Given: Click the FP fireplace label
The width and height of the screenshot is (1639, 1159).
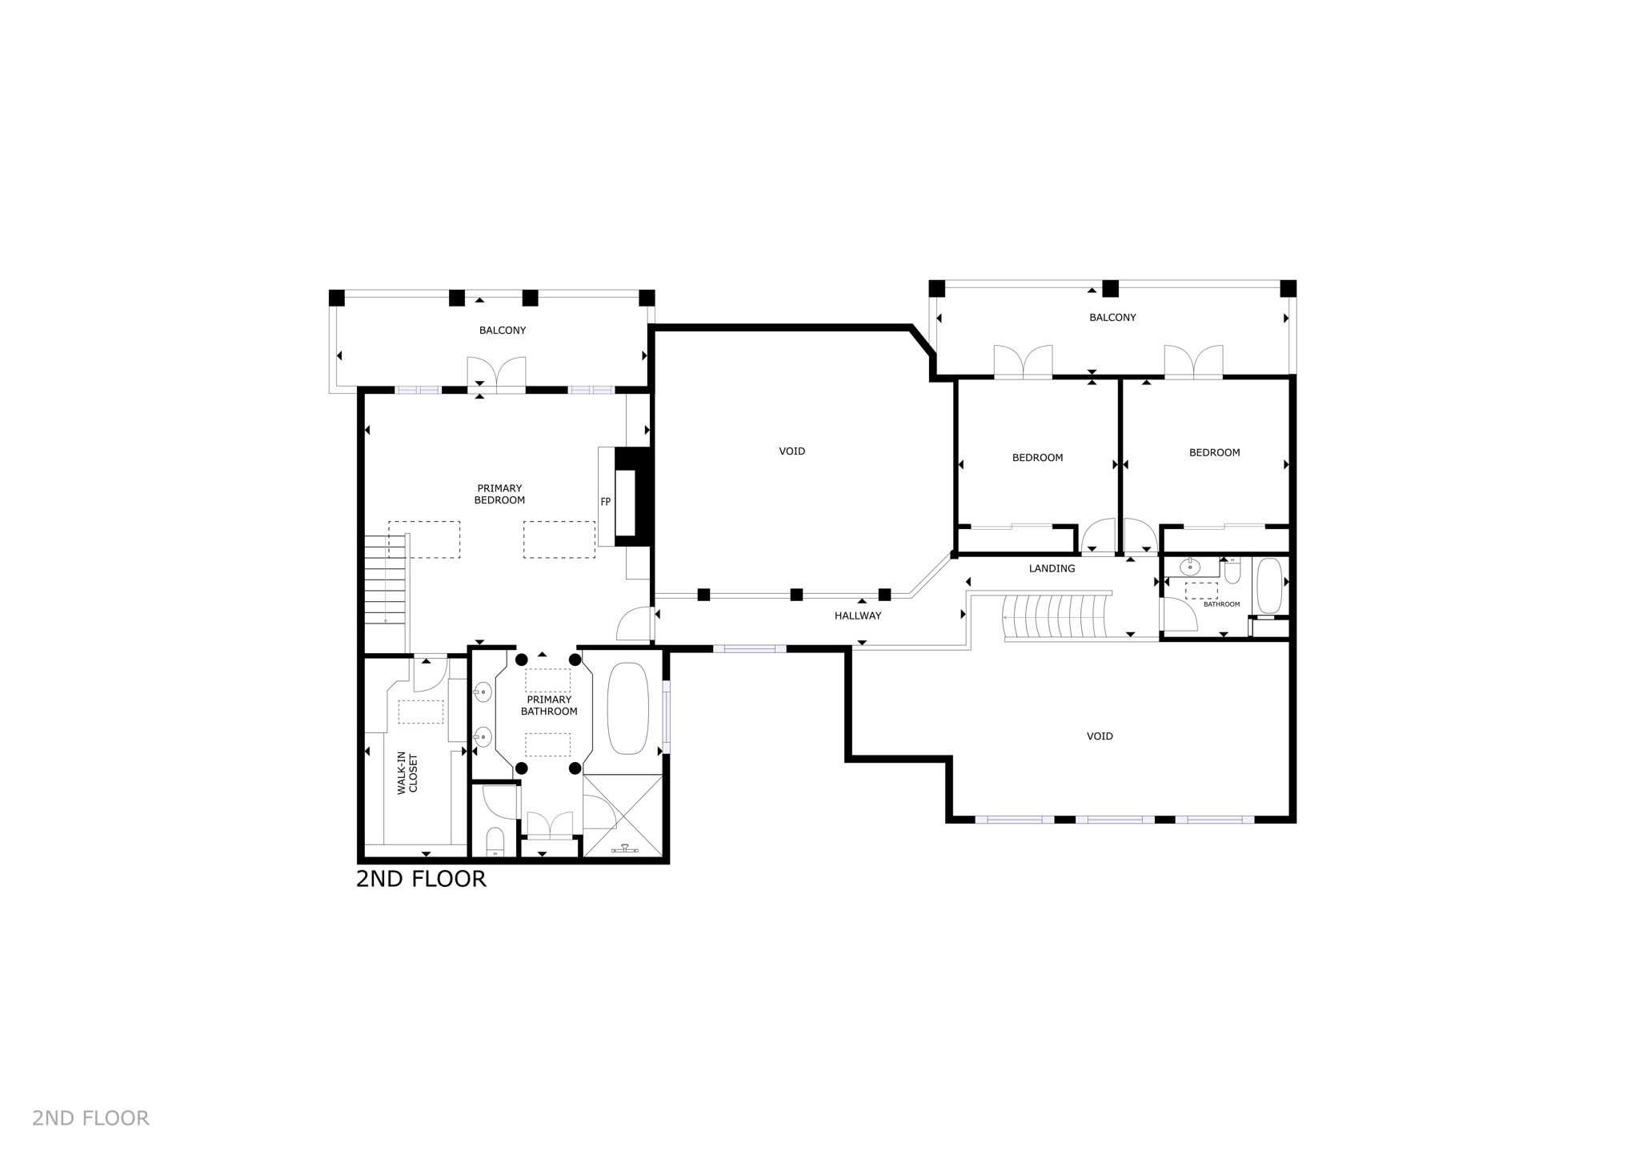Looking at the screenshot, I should coord(606,502).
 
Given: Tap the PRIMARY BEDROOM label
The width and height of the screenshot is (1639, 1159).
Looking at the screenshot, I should coord(500,494).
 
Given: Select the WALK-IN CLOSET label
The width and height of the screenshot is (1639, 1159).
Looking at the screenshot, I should coord(407,772).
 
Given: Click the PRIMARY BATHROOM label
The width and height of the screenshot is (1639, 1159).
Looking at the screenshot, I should coord(549,705).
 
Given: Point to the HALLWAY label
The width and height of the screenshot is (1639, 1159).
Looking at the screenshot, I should coord(858,616).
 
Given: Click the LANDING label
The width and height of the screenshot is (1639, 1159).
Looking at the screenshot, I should coord(1052,568).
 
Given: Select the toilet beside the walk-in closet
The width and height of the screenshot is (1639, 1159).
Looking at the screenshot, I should coord(495,841).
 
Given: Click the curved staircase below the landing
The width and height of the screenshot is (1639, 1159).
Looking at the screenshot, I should coord(1056,616).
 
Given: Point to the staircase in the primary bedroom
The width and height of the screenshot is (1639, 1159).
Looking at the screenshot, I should coord(387,579).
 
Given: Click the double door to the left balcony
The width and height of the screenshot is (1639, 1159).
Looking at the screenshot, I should coord(497,375).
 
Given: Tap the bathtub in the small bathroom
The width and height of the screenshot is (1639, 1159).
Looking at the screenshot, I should coord(1269,585).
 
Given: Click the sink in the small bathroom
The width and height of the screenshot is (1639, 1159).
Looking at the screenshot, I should coord(1190,568).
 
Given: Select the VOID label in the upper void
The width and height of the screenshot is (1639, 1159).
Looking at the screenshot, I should coord(791,451).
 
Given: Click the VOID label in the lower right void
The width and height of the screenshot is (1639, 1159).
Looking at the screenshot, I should coord(1100,736).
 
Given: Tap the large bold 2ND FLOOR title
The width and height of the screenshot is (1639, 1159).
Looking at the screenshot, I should coord(421,879).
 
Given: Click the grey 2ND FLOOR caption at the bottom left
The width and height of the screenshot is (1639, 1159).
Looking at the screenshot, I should coord(90,1118).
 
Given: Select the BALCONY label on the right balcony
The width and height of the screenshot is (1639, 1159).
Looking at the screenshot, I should coord(1112,318).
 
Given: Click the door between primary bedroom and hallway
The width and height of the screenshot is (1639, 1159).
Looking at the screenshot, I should coord(634,624).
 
